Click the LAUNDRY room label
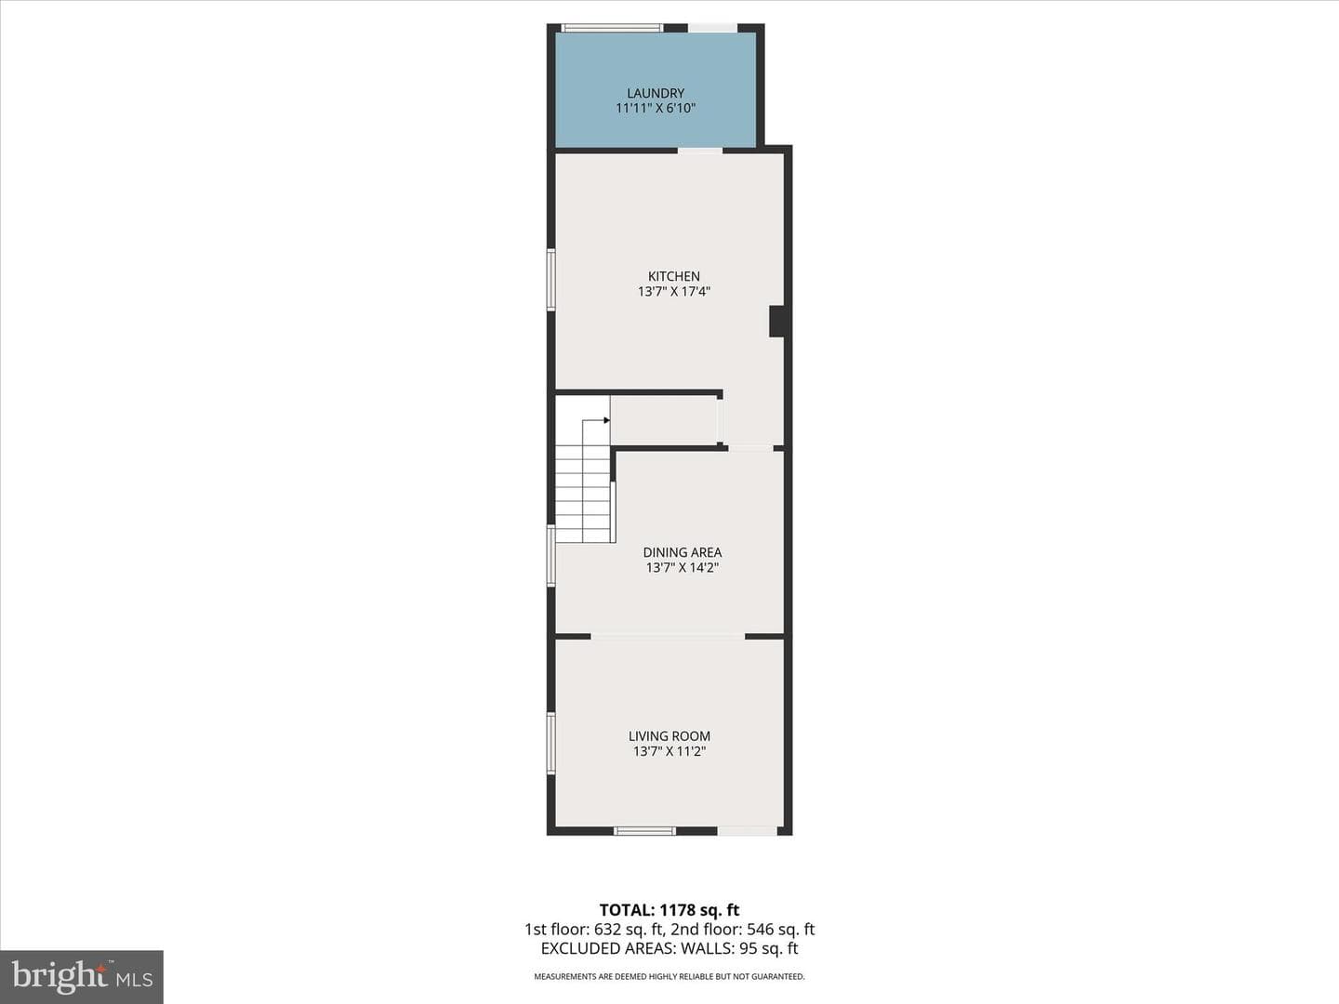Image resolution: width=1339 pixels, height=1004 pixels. click(656, 93)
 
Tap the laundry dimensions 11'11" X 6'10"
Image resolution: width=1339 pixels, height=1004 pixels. click(656, 109)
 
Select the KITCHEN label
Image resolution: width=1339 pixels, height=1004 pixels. click(674, 276)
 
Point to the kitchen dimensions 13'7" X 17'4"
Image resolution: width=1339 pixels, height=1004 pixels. click(674, 291)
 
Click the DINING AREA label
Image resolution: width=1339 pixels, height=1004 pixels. click(682, 552)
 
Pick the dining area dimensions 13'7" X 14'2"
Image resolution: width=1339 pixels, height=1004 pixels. click(682, 567)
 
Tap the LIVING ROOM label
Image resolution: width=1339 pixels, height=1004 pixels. click(669, 735)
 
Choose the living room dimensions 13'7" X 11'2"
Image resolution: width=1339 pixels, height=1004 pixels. click(669, 751)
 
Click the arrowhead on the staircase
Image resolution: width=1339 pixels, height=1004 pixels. click(607, 420)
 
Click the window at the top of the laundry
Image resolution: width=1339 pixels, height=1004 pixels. click(612, 28)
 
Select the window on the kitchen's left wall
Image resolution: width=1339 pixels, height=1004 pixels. click(550, 280)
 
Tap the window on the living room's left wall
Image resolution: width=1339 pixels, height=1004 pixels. click(550, 743)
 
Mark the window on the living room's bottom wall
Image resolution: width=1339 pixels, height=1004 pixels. click(644, 831)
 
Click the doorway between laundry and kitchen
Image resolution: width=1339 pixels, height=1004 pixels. click(700, 150)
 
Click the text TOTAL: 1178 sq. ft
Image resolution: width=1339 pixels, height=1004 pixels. click(669, 910)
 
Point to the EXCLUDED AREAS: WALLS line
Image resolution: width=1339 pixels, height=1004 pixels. click(669, 948)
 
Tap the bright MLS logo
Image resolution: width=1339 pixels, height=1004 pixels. click(82, 977)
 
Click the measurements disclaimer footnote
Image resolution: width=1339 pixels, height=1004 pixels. click(669, 976)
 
